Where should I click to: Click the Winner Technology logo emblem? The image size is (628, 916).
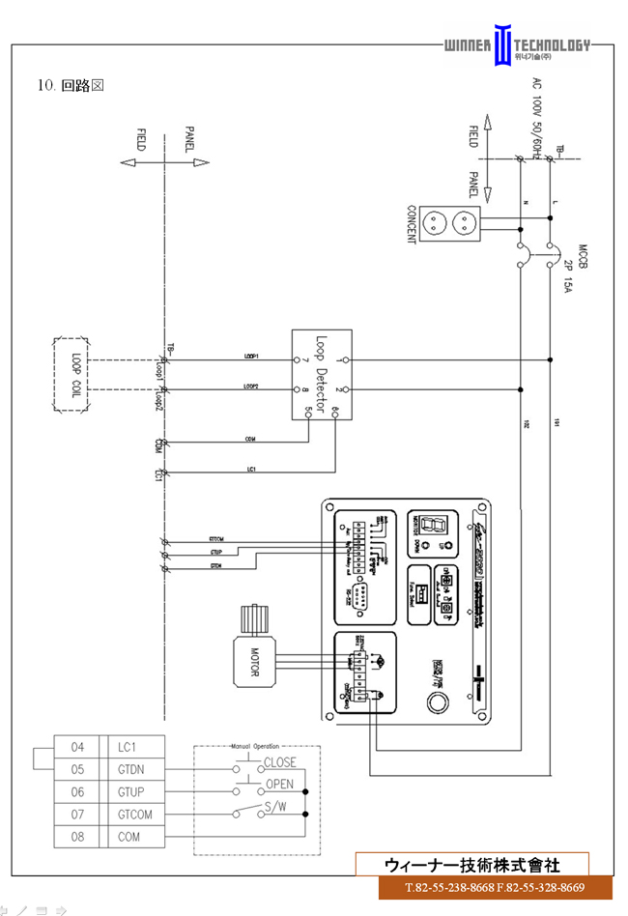click(501, 45)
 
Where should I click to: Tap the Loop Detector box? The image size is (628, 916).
click(320, 375)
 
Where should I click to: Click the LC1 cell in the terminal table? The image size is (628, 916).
click(135, 748)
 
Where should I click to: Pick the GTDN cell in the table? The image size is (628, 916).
click(135, 770)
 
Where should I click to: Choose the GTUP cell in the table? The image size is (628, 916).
click(135, 792)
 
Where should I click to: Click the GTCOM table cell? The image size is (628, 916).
click(135, 815)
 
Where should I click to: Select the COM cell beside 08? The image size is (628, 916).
click(135, 837)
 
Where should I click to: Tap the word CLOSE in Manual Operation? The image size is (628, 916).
click(279, 762)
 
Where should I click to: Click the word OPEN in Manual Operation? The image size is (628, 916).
click(279, 784)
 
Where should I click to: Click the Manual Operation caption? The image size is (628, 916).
click(255, 747)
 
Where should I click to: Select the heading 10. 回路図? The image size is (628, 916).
click(71, 85)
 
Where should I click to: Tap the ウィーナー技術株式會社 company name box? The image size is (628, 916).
click(471, 865)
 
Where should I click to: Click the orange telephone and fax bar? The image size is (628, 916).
click(495, 888)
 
